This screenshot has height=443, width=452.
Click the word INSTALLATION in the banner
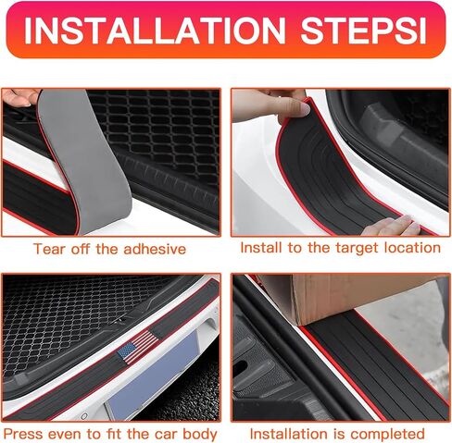click(x=155, y=31)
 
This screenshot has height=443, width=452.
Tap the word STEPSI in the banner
click(x=364, y=31)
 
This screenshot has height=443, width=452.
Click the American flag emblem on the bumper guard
click(x=138, y=347)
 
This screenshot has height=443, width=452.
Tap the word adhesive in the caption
click(x=155, y=249)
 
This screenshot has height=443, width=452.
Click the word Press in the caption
click(x=22, y=434)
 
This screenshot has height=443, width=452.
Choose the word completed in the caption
click(x=387, y=435)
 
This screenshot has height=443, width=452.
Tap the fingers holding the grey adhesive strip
click(x=20, y=97)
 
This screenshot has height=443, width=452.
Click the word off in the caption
click(x=82, y=249)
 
